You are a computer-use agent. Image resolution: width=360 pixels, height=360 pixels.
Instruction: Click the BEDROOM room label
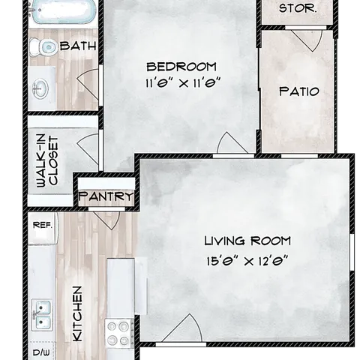click(181, 67)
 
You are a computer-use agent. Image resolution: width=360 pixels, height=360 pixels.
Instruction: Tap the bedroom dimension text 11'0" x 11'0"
click(183, 83)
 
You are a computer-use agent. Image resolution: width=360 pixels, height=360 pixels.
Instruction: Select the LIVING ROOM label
click(247, 241)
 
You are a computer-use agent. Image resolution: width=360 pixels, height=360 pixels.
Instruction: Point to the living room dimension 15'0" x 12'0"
click(247, 262)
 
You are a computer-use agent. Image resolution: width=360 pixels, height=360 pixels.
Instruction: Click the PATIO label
click(299, 91)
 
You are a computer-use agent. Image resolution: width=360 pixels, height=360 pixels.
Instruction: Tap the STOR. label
click(298, 8)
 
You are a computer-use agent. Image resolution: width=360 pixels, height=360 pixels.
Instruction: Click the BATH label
click(78, 46)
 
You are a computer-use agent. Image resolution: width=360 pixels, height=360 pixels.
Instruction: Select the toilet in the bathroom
click(43, 47)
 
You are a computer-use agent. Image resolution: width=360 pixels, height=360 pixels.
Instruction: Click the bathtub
click(62, 10)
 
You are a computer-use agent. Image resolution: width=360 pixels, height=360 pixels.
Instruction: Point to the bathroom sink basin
click(40, 88)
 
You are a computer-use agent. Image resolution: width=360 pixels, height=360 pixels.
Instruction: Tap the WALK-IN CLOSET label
click(47, 161)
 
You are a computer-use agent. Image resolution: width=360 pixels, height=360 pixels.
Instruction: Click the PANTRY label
click(106, 196)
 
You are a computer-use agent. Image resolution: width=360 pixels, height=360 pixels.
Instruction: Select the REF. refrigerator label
click(43, 225)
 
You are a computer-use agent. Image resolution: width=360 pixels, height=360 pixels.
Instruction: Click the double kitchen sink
click(42, 315)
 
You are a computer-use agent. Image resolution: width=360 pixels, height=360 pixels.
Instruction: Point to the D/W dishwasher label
click(41, 352)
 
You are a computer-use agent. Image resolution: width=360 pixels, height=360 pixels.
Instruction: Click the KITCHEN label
click(77, 313)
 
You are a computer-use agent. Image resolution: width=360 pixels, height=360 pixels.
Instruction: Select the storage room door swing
click(307, 40)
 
